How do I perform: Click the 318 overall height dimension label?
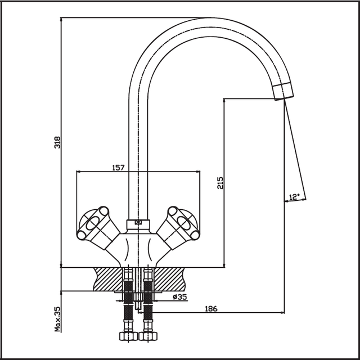click(57, 142)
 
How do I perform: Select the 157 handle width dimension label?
click(118, 168)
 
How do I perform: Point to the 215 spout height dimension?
click(220, 182)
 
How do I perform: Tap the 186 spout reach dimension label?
click(211, 309)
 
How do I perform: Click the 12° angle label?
click(294, 197)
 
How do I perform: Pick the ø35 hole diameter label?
click(180, 297)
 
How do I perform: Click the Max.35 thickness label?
click(57, 319)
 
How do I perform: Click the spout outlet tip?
click(284, 92)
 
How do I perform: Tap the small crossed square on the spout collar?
click(138, 222)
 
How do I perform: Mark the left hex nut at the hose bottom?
click(128, 336)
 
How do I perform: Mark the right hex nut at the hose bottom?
click(148, 336)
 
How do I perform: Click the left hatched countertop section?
click(107, 279)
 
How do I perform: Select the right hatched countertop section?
click(169, 279)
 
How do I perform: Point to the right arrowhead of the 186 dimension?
click(282, 313)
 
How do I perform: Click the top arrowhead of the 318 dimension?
click(61, 20)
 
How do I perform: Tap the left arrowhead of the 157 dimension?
click(79, 172)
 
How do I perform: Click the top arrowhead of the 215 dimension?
click(224, 101)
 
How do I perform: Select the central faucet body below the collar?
click(138, 249)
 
